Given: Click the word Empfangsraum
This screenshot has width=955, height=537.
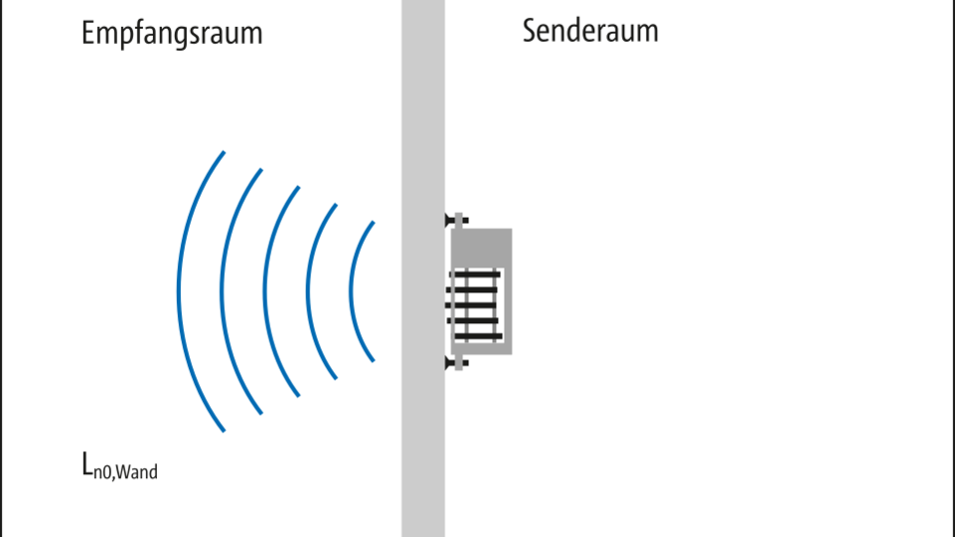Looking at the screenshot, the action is click(x=172, y=34).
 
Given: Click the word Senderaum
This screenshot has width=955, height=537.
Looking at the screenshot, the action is click(x=590, y=31).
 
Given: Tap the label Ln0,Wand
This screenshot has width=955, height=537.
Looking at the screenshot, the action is click(x=119, y=466).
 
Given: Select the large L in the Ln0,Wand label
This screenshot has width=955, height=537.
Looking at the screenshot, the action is click(x=87, y=463).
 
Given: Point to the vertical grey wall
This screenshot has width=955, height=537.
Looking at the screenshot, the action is click(x=422, y=268).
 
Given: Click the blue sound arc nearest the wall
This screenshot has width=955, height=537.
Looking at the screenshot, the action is click(x=352, y=291).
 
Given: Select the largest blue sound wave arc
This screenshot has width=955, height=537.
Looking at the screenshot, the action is click(x=179, y=291).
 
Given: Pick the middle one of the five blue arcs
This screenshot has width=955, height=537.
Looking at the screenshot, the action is click(x=265, y=291).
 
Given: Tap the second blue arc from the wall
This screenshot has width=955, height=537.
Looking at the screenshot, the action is click(x=309, y=291).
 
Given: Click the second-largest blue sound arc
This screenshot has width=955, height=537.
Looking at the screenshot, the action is click(x=223, y=291).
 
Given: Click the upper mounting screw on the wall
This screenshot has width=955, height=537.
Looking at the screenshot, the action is click(x=457, y=220).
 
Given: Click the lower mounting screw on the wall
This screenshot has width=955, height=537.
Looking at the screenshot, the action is click(x=457, y=363).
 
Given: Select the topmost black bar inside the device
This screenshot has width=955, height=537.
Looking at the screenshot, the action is click(x=476, y=274).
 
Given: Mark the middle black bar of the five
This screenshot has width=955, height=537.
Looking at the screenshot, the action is click(x=471, y=305).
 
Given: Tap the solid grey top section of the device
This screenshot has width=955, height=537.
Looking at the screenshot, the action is click(x=481, y=248).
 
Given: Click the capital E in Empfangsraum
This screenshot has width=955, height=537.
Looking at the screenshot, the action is click(x=87, y=33).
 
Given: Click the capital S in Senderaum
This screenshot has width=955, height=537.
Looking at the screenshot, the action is click(x=530, y=31).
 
